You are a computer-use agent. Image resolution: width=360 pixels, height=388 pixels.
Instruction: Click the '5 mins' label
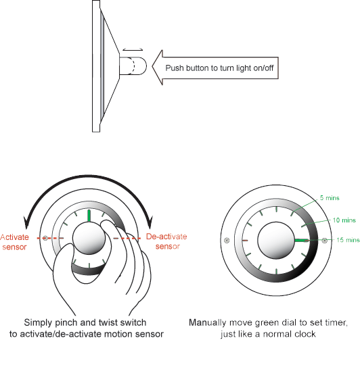pyautogui.click(x=330, y=197)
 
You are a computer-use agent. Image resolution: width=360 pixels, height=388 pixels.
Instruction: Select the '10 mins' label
pyautogui.click(x=344, y=220)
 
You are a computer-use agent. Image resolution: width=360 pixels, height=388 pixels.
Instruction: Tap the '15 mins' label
pyautogui.click(x=348, y=240)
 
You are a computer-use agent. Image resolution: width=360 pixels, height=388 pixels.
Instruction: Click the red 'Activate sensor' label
pyautogui.click(x=14, y=242)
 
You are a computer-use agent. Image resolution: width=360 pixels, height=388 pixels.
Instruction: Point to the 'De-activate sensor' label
pyautogui.click(x=166, y=241)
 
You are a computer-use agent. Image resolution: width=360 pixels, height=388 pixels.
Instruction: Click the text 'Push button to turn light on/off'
pyautogui.click(x=219, y=68)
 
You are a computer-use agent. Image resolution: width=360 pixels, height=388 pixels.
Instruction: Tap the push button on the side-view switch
pyautogui.click(x=133, y=66)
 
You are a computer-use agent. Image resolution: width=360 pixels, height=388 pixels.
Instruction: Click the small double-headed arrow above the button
pyautogui.click(x=133, y=49)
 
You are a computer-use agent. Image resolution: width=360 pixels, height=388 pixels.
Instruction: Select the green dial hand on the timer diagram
pyautogui.click(x=302, y=240)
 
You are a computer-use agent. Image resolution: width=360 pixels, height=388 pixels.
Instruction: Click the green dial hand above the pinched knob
pyautogui.click(x=89, y=216)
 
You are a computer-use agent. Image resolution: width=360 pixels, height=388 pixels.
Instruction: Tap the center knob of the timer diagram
pyautogui.click(x=276, y=240)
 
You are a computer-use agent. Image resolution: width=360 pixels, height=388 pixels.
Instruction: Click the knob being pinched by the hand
pyautogui.click(x=89, y=239)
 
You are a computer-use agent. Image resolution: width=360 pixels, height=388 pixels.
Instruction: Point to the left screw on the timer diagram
pyautogui.click(x=227, y=240)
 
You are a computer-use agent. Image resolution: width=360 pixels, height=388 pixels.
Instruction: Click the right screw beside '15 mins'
pyautogui.click(x=324, y=240)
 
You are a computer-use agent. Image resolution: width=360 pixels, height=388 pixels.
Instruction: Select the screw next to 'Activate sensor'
pyautogui.click(x=45, y=238)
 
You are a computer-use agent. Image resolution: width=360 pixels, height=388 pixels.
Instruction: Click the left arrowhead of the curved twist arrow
pyautogui.click(x=26, y=222)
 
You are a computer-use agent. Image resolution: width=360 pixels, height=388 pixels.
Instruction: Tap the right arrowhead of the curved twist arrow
pyautogui.click(x=150, y=222)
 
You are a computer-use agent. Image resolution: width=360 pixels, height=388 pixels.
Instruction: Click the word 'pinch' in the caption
pyautogui.click(x=66, y=322)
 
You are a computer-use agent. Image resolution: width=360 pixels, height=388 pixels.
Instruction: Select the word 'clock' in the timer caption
pyautogui.click(x=306, y=334)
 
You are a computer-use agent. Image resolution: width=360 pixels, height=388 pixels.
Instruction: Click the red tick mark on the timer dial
pyautogui.click(x=245, y=240)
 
